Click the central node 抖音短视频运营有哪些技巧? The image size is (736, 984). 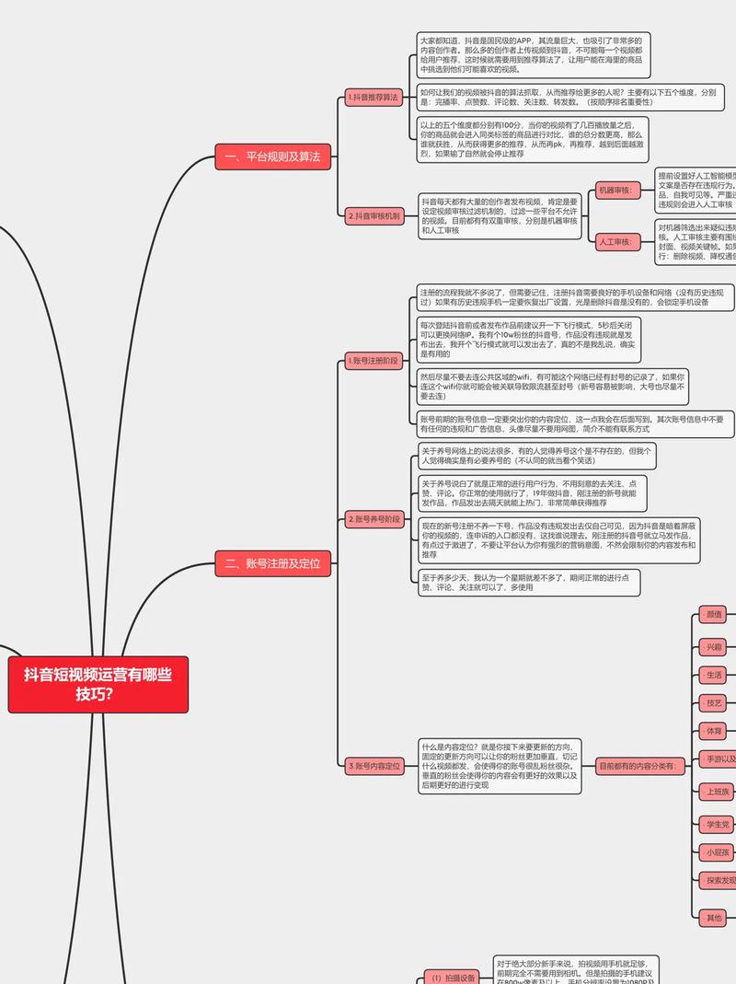point(98,685)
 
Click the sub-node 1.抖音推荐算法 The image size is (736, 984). point(374,97)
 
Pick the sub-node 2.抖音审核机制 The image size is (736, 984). point(374,216)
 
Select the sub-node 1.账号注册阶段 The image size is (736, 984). point(374,361)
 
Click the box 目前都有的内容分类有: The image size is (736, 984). point(638,765)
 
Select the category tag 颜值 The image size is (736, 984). point(714,614)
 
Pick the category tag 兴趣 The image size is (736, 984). point(714,646)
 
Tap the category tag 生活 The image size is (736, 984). point(714,675)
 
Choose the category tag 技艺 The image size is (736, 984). point(714,703)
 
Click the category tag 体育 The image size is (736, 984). point(714,731)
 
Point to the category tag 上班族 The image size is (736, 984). point(716,792)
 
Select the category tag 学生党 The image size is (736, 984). point(716,824)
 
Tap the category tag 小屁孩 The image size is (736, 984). point(716,852)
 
